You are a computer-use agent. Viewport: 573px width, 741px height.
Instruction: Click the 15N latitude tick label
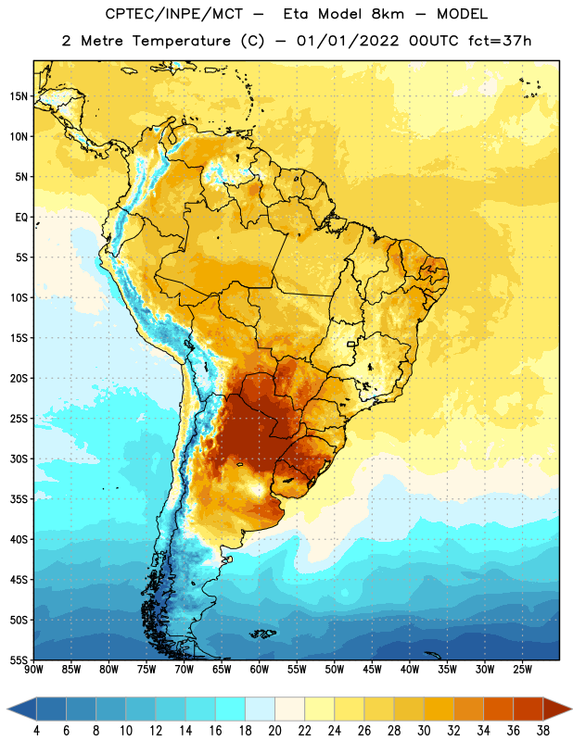coord(19,96)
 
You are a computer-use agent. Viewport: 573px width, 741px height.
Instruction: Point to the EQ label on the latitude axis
coord(21,218)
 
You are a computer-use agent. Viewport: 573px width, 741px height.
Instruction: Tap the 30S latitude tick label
coord(19,458)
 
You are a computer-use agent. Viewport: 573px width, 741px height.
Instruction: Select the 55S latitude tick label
coord(19,660)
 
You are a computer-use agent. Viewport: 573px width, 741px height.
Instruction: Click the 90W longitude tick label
coord(33,670)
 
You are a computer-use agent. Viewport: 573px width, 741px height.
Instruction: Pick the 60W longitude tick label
coord(260,670)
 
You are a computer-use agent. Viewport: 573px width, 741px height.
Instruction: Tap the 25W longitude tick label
coord(522,670)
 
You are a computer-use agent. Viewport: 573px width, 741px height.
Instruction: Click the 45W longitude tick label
coord(372,670)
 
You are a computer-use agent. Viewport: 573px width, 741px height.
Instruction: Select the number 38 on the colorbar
coord(543,731)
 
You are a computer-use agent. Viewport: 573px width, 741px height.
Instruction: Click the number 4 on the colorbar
coord(36,731)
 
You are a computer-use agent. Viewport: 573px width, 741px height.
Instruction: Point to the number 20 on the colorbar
coord(274,731)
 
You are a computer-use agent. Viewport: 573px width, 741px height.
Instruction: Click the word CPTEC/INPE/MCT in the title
coord(173,14)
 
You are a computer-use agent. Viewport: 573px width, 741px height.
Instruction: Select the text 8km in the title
coord(388,14)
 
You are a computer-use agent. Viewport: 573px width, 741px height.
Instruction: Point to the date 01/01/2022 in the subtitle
coord(348,41)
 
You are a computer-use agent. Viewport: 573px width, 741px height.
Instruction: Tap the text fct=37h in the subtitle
coord(500,41)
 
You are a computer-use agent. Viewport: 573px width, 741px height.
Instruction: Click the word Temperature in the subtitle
coord(182,42)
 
